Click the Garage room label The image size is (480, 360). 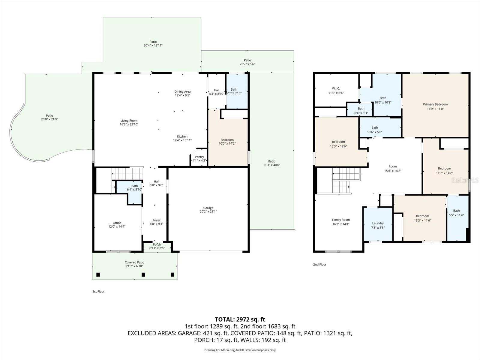coord(208,208)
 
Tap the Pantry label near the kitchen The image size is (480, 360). coord(199,157)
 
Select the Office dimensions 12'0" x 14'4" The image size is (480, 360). coord(117,226)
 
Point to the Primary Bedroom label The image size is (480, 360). coord(435,104)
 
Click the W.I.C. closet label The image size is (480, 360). coord(336,88)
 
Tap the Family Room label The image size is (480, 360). coord(340,220)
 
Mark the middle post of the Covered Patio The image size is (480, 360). coord(143,274)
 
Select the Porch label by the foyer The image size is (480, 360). coord(157,245)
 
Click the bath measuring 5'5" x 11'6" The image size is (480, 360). coord(456,213)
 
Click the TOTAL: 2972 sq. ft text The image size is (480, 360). coord(240,319)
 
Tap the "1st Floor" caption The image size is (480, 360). coord(98,292)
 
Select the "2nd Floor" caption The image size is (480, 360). coord(320,265)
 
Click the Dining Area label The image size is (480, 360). coord(182,92)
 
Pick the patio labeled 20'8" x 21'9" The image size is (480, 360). coord(49,117)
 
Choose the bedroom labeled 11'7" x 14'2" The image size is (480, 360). coord(444,170)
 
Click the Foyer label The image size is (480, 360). coord(156,220)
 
